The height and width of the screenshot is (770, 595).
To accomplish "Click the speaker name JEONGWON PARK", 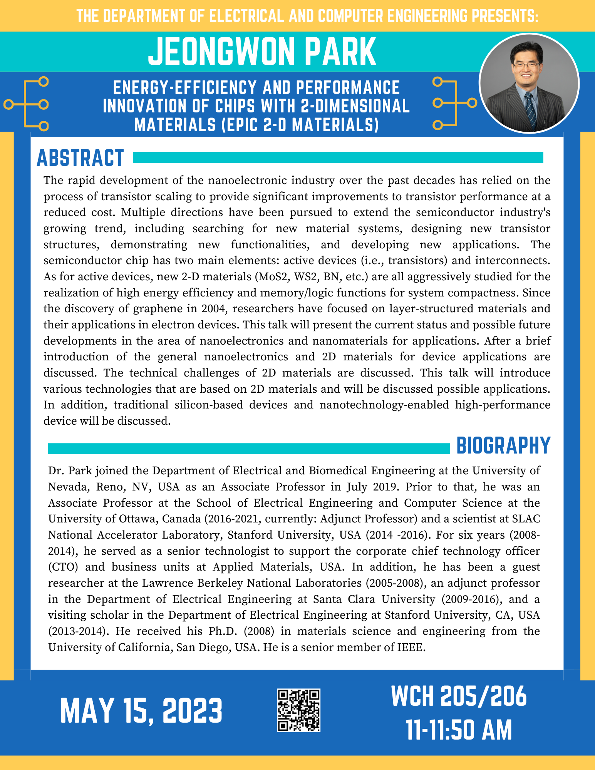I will point(262,52).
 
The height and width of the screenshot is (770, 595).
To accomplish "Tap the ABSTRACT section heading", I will point(80,158).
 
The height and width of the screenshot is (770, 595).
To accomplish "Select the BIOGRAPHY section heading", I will point(503,446).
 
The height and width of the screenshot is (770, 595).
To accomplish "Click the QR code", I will point(298,710).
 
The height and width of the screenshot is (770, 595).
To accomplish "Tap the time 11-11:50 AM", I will point(459,730).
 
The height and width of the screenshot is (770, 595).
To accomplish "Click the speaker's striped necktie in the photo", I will point(531,110).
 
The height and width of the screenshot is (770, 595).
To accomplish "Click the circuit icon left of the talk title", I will point(26,104).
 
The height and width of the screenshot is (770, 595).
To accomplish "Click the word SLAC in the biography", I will point(526,519).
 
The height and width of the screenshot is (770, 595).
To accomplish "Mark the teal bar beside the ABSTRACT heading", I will point(338,157).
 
